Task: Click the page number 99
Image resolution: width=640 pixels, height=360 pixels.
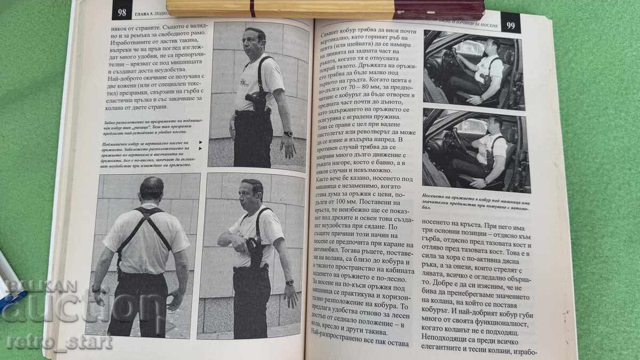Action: (510, 24)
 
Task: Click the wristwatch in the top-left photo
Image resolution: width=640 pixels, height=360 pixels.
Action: (289, 134)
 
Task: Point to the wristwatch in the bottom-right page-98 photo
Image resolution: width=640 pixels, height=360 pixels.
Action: (290, 282)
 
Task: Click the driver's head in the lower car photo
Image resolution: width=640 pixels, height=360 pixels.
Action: (494, 124)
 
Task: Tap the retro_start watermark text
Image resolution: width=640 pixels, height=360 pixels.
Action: (59, 342)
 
